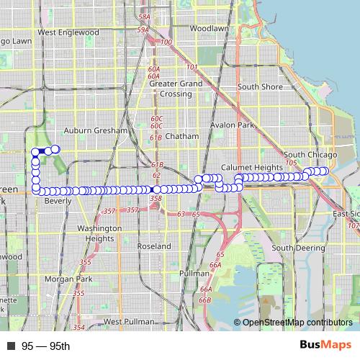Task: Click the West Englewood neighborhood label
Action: pyautogui.click(x=68, y=32)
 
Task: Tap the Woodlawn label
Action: pyautogui.click(x=209, y=28)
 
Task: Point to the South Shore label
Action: pyautogui.click(x=260, y=86)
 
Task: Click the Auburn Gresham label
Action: pyautogui.click(x=96, y=131)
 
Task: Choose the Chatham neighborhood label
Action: pyautogui.click(x=176, y=135)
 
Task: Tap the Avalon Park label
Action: pyautogui.click(x=233, y=125)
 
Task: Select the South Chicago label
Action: pyautogui.click(x=310, y=155)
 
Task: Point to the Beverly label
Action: pyautogui.click(x=58, y=202)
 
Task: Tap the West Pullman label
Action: pyautogui.click(x=129, y=321)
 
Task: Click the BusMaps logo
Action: pyautogui.click(x=325, y=346)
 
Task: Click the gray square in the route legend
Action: pyautogui.click(x=11, y=347)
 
